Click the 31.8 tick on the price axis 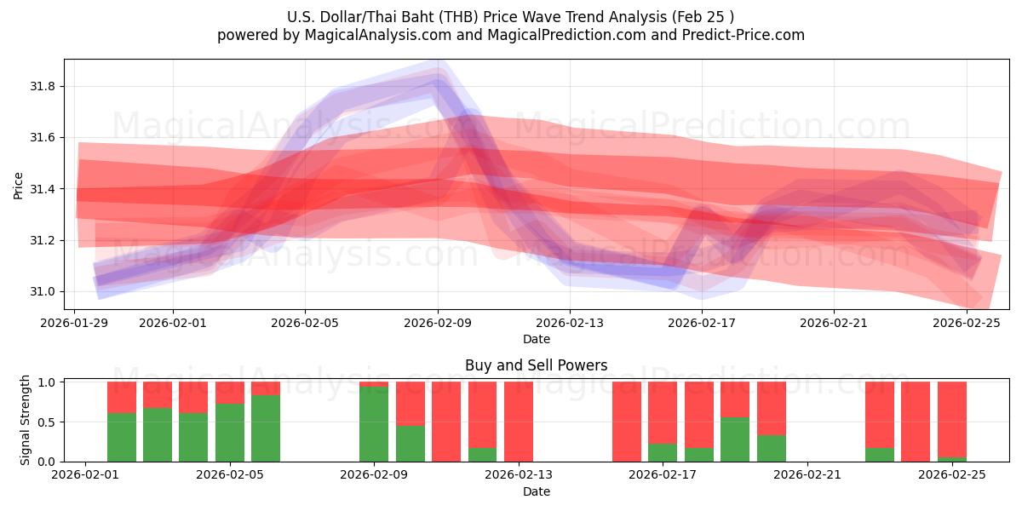coord(43,86)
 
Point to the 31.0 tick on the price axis coord(43,291)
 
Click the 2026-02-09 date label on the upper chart coord(438,323)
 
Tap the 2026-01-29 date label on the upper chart coord(75,323)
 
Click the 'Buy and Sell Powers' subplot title coord(537,365)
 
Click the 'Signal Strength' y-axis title coord(26,419)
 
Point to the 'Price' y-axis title coord(19,184)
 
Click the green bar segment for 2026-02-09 coord(374,424)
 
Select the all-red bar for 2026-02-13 coord(519,422)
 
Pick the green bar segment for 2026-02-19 coord(735,439)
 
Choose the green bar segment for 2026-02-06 coord(266,428)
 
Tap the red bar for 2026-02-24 coord(916,422)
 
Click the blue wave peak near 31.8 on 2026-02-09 coord(438,82)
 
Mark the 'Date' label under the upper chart coord(537,339)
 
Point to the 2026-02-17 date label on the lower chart coord(663,475)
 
